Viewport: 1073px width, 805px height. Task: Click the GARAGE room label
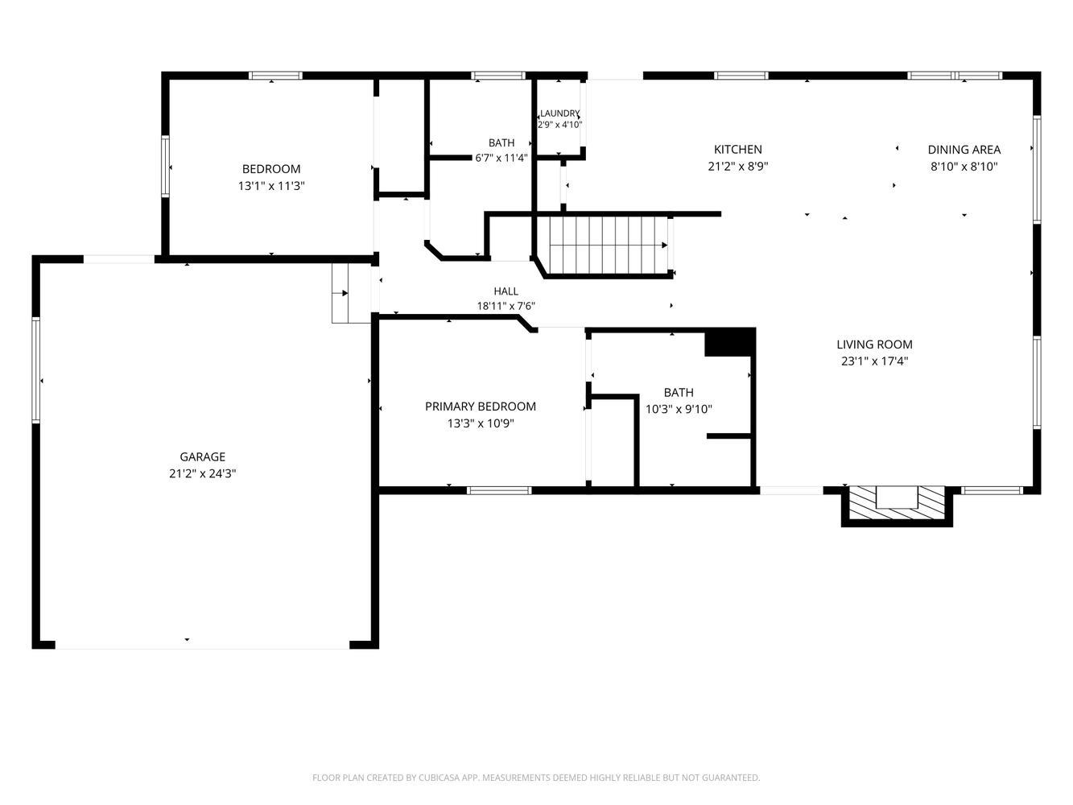(202, 456)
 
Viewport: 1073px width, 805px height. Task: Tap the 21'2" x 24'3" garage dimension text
(202, 473)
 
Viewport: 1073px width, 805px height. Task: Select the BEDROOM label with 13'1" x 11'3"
(271, 169)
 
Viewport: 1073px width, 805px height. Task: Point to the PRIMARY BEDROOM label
(480, 407)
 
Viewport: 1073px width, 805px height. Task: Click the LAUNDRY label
(559, 114)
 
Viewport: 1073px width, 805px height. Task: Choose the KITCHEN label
(737, 149)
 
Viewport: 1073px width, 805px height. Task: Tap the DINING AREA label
(964, 150)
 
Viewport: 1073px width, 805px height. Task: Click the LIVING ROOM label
(874, 344)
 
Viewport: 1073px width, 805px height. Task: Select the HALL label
(506, 291)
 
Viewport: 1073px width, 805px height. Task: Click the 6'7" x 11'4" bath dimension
(501, 158)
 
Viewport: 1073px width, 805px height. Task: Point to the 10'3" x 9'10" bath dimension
(679, 409)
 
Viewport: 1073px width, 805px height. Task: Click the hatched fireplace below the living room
(897, 503)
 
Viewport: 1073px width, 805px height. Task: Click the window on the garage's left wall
(35, 369)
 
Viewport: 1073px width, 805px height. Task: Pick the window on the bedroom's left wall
(165, 167)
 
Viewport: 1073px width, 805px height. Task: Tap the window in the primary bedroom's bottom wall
(498, 490)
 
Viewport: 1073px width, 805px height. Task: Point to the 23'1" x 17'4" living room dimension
(874, 361)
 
